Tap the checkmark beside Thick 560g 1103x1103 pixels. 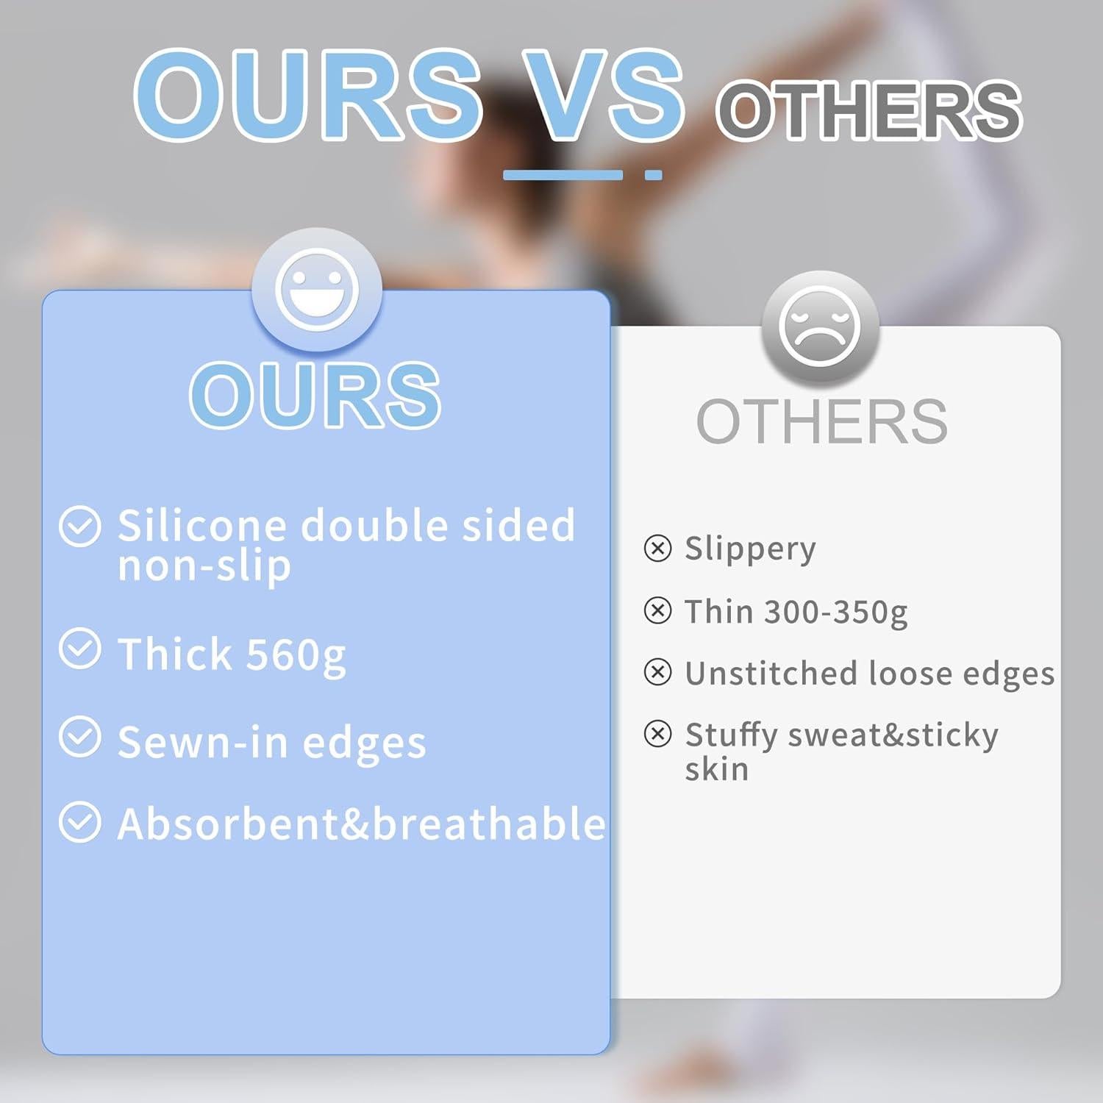tap(80, 649)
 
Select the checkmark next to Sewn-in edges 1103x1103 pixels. tap(80, 737)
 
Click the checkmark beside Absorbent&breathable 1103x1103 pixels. tap(80, 822)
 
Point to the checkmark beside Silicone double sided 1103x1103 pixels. tap(80, 526)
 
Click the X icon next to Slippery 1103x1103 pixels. tap(657, 549)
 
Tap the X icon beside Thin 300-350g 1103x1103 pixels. tap(657, 610)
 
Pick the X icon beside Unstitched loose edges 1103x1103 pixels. tap(657, 672)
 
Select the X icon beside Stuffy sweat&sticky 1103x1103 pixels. tap(657, 734)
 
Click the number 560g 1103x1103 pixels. tap(296, 656)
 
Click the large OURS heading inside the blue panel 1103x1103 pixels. tap(315, 395)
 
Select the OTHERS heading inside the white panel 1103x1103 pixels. tap(822, 421)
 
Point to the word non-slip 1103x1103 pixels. tap(204, 566)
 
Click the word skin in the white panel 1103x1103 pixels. tap(717, 769)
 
